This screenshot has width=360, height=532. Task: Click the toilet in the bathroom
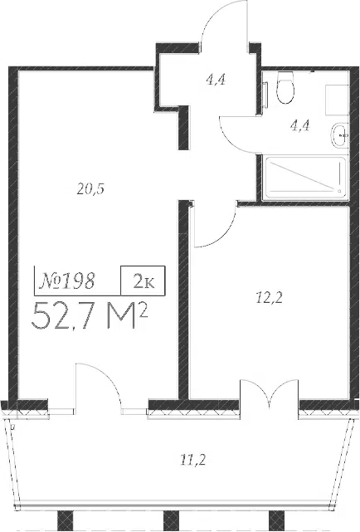click(285, 87)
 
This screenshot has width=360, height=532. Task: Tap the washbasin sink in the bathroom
click(339, 135)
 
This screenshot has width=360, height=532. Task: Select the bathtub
click(305, 178)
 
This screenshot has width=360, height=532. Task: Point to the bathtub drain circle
click(338, 191)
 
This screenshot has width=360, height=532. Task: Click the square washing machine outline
click(336, 100)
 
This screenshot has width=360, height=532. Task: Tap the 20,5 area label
click(90, 189)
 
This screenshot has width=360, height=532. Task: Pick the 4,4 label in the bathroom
click(300, 126)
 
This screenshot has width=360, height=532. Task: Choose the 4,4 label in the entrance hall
click(216, 81)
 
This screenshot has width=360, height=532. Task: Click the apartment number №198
click(66, 281)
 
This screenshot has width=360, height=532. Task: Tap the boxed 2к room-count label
click(144, 281)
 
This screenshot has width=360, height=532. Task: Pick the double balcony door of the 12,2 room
click(270, 390)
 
